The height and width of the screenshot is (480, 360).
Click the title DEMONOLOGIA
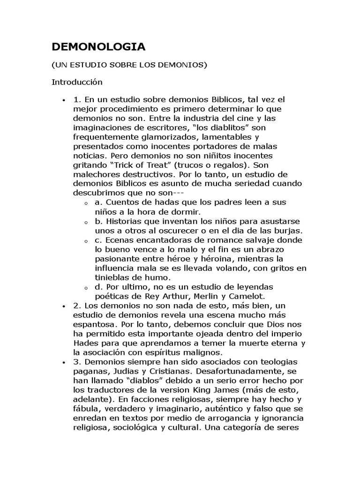click(x=98, y=46)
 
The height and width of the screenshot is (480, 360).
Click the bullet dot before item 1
click(x=63, y=100)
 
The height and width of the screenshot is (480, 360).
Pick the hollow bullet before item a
click(x=86, y=203)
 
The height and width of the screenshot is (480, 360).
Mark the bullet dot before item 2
click(x=63, y=306)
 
